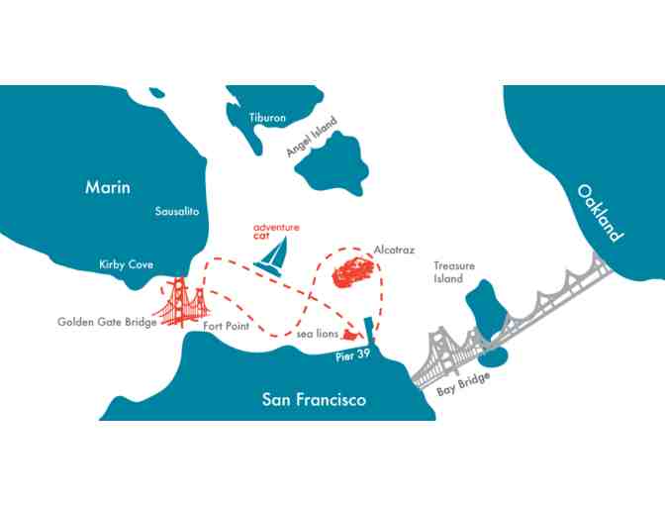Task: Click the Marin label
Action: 108,187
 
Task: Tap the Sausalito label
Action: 177,212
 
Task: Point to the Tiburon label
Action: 266,118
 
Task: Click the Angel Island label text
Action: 312,137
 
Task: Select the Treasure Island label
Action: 454,272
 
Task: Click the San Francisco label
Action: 314,400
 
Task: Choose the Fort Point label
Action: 226,326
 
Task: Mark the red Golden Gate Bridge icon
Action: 181,302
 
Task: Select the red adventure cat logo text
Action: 275,232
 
